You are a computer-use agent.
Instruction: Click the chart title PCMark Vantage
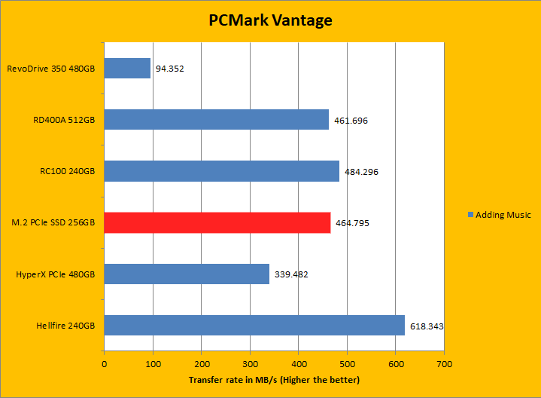[x=269, y=20]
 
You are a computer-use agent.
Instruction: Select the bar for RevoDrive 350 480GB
[x=127, y=69]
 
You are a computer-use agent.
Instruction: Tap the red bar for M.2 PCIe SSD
[x=217, y=222]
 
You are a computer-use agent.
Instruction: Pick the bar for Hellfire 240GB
[x=254, y=325]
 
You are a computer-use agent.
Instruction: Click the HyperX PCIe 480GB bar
[x=187, y=274]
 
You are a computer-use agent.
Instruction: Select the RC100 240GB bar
[x=221, y=171]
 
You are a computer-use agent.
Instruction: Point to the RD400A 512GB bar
[x=216, y=120]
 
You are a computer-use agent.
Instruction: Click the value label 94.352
[x=169, y=69]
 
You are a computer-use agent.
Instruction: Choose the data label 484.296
[x=361, y=172]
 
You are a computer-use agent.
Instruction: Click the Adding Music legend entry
[x=499, y=215]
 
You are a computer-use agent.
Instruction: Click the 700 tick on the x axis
[x=444, y=363]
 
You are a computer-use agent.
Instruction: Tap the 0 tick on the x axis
[x=104, y=363]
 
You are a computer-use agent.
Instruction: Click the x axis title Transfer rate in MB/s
[x=274, y=379]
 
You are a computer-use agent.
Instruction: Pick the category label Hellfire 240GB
[x=65, y=326]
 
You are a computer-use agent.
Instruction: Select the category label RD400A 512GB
[x=65, y=121]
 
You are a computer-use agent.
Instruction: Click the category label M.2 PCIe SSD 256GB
[x=53, y=223]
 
